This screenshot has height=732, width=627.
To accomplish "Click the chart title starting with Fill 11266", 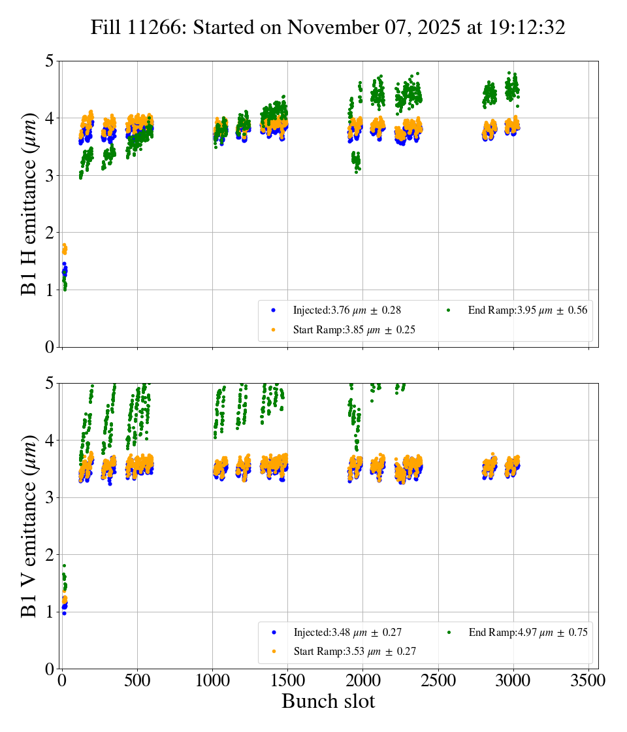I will (328, 27).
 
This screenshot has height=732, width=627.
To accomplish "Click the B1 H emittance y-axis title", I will (29, 204).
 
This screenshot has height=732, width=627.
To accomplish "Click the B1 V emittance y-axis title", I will (29, 526).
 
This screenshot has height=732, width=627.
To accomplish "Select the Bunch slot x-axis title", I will (328, 702).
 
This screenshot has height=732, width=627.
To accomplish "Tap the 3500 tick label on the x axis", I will (588, 680).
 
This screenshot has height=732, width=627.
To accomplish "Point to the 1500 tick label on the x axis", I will (288, 680).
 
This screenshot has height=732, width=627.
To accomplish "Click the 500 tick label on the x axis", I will (137, 680).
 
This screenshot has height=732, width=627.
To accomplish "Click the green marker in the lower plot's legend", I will (449, 632).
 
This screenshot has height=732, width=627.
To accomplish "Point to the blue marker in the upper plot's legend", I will (274, 310).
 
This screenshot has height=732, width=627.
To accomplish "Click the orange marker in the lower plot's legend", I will (274, 652).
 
